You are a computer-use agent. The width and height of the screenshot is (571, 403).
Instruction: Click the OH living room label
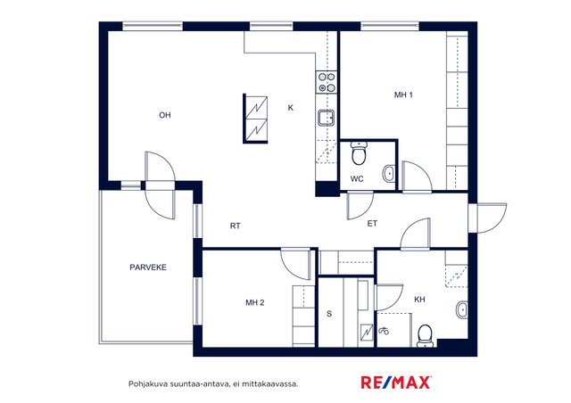(164, 115)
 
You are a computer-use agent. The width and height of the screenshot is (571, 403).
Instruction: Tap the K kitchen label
(290, 107)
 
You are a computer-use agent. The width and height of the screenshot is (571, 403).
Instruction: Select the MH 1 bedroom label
(403, 95)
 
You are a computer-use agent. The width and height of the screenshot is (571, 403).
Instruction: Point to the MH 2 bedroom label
(255, 302)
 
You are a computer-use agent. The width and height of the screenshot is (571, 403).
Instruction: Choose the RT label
(236, 226)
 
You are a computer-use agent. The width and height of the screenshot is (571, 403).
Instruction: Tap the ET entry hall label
(372, 224)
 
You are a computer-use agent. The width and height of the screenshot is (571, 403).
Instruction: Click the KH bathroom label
(419, 300)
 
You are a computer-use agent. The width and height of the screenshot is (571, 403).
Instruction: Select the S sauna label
(329, 314)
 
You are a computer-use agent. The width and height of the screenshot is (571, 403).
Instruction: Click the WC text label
(357, 178)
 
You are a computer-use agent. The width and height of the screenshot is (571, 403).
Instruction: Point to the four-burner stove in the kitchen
(327, 82)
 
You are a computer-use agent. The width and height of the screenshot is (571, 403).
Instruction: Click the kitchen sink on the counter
(326, 118)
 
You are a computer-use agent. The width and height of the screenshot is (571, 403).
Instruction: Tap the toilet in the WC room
(359, 152)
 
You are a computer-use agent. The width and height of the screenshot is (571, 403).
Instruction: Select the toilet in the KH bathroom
(425, 335)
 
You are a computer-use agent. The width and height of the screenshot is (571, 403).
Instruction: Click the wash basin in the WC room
(389, 174)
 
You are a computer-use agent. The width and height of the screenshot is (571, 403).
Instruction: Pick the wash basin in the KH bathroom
(462, 309)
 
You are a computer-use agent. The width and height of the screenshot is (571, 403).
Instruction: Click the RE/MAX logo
(396, 382)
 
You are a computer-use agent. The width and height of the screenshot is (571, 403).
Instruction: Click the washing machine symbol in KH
(384, 331)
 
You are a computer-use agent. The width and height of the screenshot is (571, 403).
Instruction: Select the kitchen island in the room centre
(255, 119)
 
